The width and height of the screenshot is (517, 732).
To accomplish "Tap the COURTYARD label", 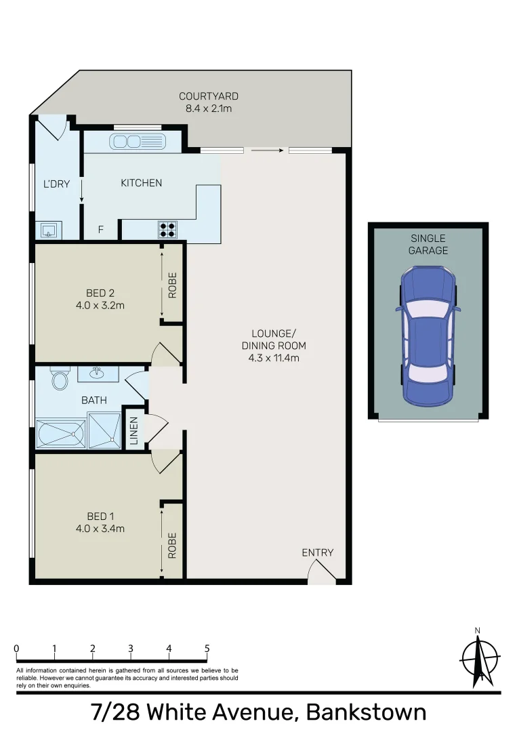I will click(x=209, y=96).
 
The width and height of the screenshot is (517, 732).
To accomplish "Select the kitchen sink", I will click(x=139, y=142).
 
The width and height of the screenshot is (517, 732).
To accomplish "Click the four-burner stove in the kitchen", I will click(x=167, y=230).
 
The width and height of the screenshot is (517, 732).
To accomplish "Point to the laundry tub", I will click(x=49, y=230).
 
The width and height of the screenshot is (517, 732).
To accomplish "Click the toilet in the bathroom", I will click(x=60, y=379).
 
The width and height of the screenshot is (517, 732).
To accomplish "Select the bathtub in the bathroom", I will click(x=61, y=433).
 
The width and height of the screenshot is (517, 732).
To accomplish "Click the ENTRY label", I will click(x=318, y=552).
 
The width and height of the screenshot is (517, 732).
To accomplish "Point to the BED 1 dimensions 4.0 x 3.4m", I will click(x=100, y=529).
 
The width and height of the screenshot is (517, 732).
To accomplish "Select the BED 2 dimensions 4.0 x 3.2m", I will click(x=100, y=305).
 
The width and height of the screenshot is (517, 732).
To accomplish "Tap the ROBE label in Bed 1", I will click(x=172, y=545).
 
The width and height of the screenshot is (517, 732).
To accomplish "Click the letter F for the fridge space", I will click(x=100, y=230).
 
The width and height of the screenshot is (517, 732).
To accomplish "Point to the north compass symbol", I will click(x=480, y=656).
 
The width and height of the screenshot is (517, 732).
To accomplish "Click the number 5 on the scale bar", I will click(x=207, y=649).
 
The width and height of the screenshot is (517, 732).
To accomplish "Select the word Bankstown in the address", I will click(x=366, y=713).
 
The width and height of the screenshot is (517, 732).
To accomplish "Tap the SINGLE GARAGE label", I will click(x=428, y=244).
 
